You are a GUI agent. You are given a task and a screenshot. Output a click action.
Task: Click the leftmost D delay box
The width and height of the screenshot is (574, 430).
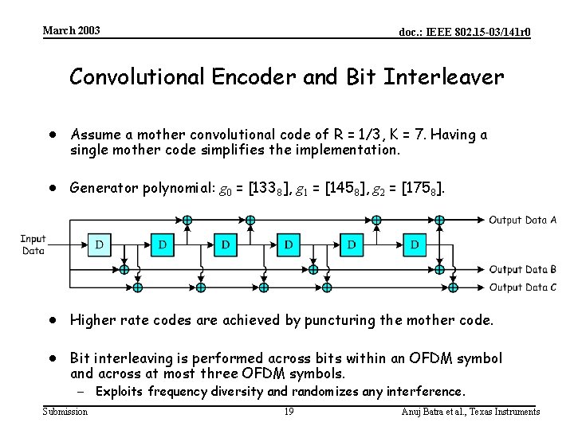[x=100, y=244]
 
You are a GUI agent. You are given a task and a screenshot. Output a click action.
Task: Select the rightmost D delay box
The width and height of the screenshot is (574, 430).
[x=415, y=244]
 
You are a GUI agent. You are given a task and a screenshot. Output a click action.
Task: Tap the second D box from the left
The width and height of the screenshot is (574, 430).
[x=163, y=244]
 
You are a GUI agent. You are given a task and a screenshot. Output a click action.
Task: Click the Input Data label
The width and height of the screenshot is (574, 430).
[x=33, y=244]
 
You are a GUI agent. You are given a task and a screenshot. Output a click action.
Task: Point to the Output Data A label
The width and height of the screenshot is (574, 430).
[x=522, y=220]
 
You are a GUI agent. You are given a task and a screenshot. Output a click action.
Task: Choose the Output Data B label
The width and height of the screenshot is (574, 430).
[x=522, y=270]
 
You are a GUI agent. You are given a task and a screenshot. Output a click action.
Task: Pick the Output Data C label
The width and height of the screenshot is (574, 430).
[x=522, y=287]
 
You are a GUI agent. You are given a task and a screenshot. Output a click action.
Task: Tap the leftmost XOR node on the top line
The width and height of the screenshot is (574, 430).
[x=187, y=220]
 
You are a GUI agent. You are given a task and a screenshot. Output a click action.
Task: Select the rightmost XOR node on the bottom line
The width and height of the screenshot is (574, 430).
[x=452, y=287]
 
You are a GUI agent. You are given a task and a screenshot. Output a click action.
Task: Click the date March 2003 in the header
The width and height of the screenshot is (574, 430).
[x=72, y=30]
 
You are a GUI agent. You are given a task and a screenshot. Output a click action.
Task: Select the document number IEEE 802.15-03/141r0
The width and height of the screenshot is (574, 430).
[x=465, y=32]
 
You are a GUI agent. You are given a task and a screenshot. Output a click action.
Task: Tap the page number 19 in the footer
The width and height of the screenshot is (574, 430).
[x=289, y=412]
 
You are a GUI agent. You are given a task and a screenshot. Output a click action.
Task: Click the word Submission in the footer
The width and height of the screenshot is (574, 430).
[x=65, y=412]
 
